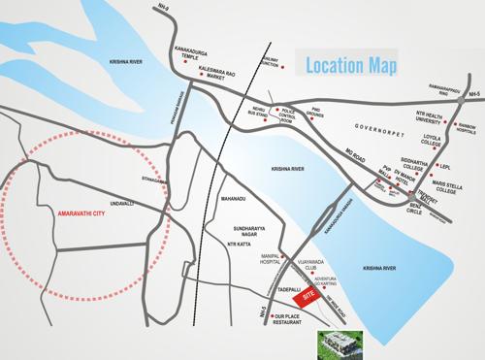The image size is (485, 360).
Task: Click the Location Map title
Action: click(350, 65)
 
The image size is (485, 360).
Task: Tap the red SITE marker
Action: click(309, 293)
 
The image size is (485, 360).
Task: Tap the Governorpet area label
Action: click(377, 127)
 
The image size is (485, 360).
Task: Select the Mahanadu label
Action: click(234, 199)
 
